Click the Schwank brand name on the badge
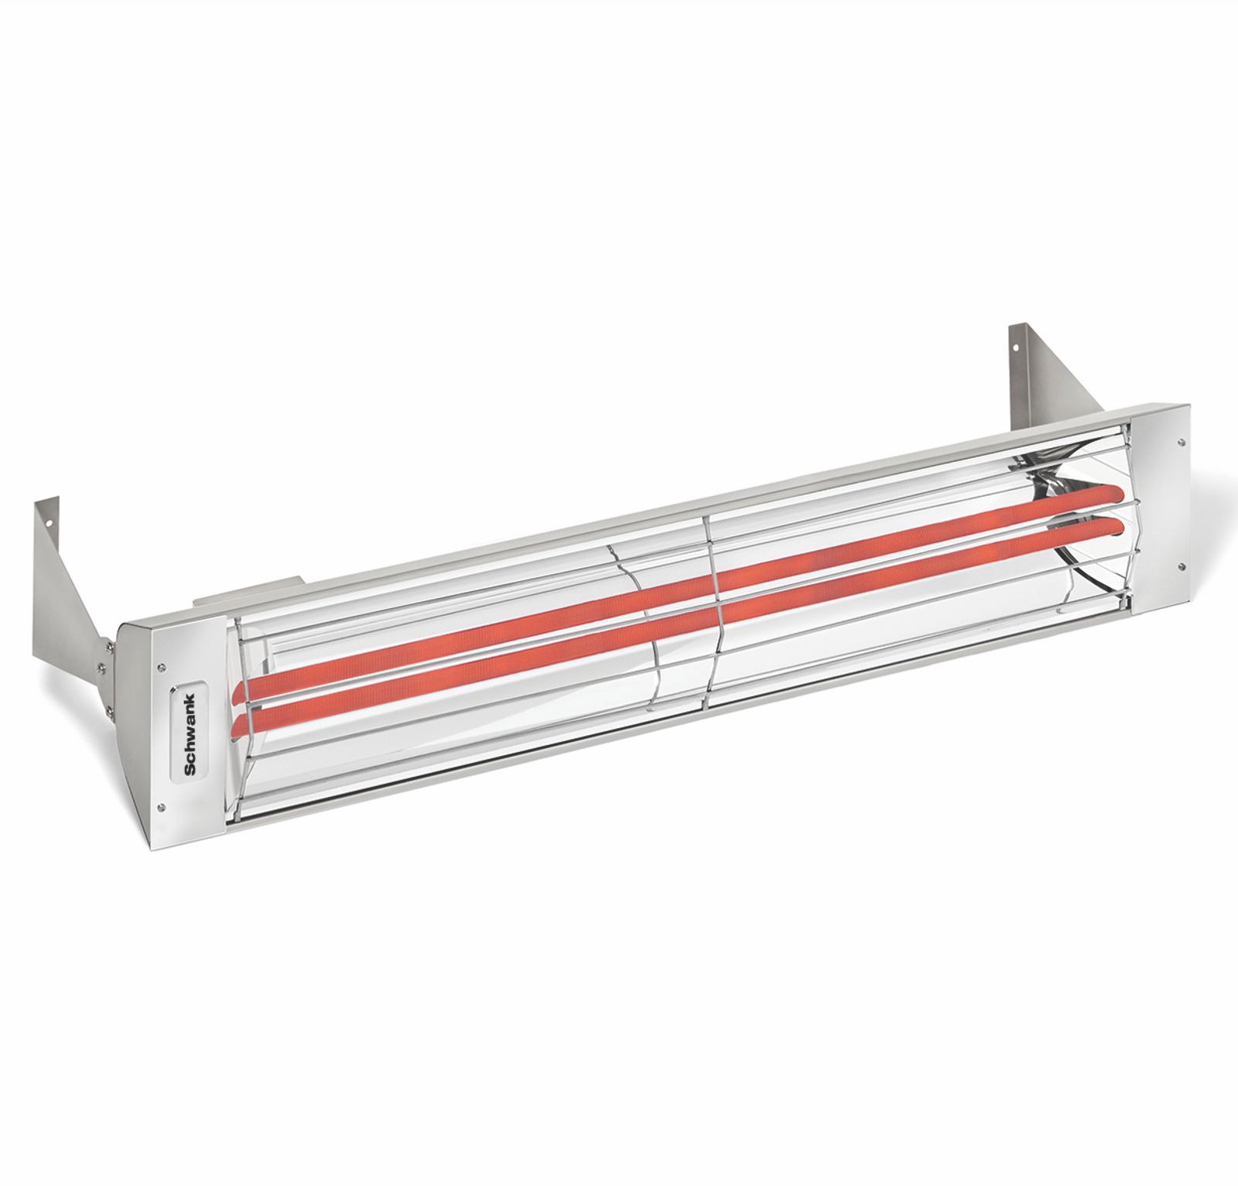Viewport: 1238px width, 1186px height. (x=190, y=734)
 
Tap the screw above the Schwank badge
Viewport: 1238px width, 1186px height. (x=161, y=667)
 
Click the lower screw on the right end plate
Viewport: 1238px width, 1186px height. (x=1180, y=567)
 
